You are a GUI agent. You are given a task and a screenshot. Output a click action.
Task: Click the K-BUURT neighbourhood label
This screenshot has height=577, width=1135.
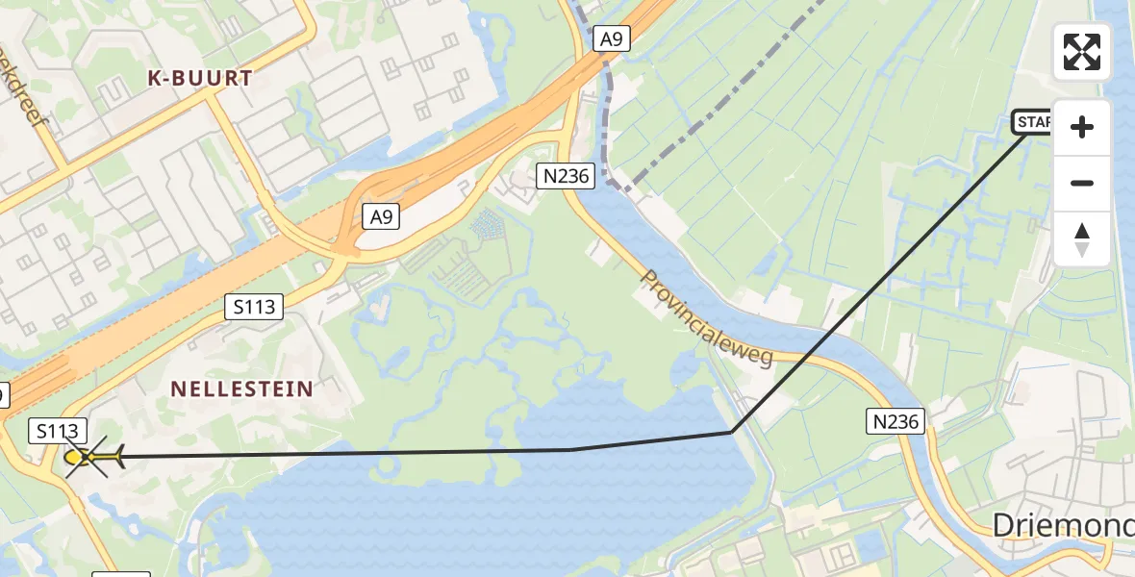pyautogui.click(x=200, y=79)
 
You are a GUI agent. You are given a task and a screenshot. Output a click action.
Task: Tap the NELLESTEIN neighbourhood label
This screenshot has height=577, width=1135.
pyautogui.click(x=241, y=389)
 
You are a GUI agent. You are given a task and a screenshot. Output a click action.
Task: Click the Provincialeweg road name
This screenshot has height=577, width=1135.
pyautogui.click(x=707, y=318)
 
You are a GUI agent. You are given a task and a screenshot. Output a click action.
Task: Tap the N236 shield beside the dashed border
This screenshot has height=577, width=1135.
pyautogui.click(x=566, y=176)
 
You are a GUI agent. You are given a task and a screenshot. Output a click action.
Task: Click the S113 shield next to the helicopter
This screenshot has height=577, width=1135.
pyautogui.click(x=59, y=431)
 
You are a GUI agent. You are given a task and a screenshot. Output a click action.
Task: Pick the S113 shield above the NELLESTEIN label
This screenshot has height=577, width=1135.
pyautogui.click(x=254, y=308)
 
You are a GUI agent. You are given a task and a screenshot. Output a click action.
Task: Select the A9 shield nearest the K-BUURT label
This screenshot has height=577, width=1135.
pyautogui.click(x=382, y=217)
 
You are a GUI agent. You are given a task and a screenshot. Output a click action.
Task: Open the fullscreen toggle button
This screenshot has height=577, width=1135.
pyautogui.click(x=1082, y=52)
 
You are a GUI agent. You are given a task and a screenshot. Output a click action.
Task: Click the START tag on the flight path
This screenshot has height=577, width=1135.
pyautogui.click(x=1033, y=122)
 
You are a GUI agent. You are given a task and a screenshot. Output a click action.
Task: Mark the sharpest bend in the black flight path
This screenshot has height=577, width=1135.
pyautogui.click(x=732, y=432)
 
